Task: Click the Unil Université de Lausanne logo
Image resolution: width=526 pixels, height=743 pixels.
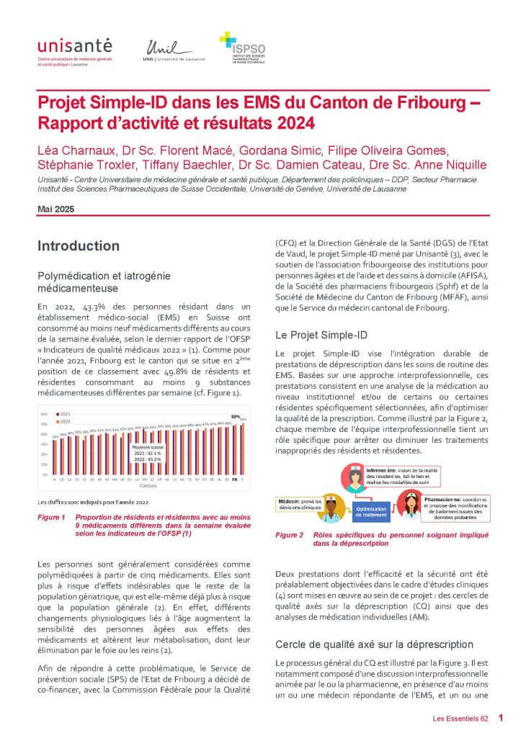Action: click(175, 51)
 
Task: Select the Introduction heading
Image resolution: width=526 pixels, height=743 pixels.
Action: click(79, 246)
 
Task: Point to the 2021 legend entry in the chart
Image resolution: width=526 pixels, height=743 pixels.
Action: click(63, 415)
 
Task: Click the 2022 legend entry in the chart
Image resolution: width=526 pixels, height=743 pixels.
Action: click(63, 422)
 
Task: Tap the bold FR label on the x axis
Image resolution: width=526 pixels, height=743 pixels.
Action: click(234, 478)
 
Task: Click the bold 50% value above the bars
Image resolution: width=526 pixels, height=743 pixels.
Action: click(235, 417)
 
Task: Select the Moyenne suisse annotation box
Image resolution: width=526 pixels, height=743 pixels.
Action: click(147, 452)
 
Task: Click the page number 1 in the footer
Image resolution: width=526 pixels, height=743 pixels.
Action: click(501, 718)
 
